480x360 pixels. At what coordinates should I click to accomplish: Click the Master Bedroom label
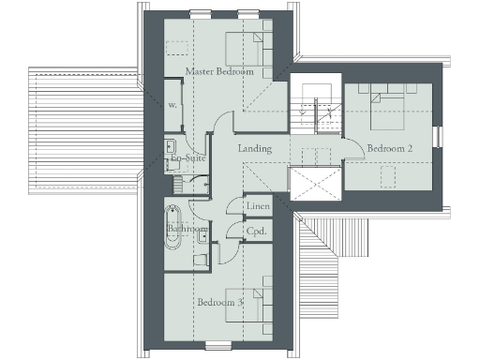tap(219, 71)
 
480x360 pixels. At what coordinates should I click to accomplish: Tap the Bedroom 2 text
tap(389, 148)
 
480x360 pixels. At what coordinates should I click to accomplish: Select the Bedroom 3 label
tap(221, 302)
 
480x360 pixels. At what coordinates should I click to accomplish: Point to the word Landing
tap(255, 149)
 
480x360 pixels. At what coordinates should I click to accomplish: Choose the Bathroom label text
tap(187, 229)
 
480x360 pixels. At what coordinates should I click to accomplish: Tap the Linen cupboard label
tap(259, 207)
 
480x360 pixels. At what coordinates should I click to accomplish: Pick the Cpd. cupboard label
tap(257, 230)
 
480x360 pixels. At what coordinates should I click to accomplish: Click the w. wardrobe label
tap(172, 105)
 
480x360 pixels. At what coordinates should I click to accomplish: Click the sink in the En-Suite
tap(171, 148)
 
